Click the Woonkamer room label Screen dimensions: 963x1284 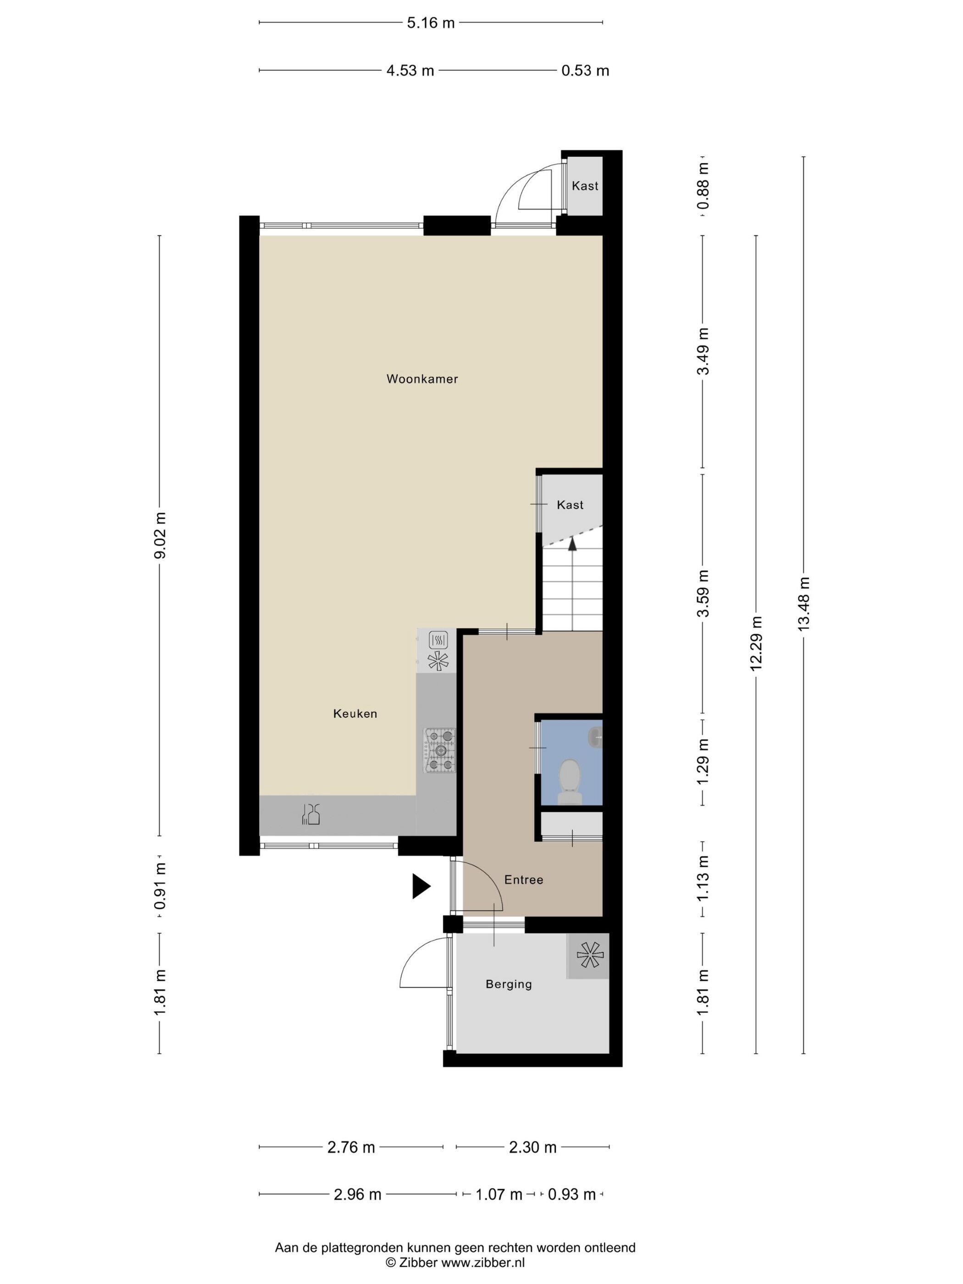point(422,379)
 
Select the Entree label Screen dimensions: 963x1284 point(524,880)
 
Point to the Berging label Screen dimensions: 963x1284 point(509,984)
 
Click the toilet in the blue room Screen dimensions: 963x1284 point(570,781)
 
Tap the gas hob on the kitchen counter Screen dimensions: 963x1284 point(440,751)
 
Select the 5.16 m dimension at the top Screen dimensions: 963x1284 point(431,23)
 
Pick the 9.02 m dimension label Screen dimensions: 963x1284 point(160,535)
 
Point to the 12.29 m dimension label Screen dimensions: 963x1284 point(756,644)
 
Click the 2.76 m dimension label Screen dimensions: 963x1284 point(351,1147)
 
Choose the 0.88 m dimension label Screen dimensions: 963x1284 point(703,186)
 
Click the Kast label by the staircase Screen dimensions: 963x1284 point(570,505)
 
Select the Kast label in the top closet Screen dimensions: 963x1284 point(585,186)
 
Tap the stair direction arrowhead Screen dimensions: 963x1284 point(572,544)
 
